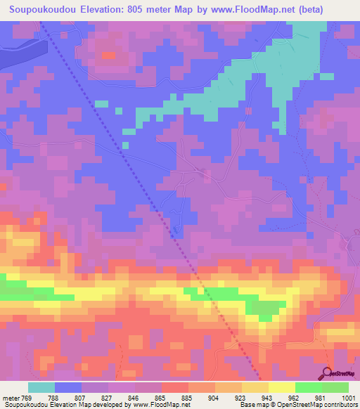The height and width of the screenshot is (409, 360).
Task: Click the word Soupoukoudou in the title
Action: pos(41,10)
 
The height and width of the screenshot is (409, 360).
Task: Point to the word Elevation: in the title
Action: pos(105,10)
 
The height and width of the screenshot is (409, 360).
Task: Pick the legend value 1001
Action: pos(348,398)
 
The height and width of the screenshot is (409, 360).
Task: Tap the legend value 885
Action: pos(187,398)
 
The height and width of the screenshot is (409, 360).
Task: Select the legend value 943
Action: pos(267,398)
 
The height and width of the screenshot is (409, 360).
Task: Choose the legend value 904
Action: pos(214,398)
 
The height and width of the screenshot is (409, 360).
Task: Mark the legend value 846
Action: pos(134,398)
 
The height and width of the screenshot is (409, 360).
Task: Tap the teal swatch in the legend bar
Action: pos(41,387)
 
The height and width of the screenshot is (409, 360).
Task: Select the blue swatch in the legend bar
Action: pos(68,387)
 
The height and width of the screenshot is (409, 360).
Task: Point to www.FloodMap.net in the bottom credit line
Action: pos(158,405)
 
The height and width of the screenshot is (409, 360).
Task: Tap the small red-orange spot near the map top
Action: pos(108,54)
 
